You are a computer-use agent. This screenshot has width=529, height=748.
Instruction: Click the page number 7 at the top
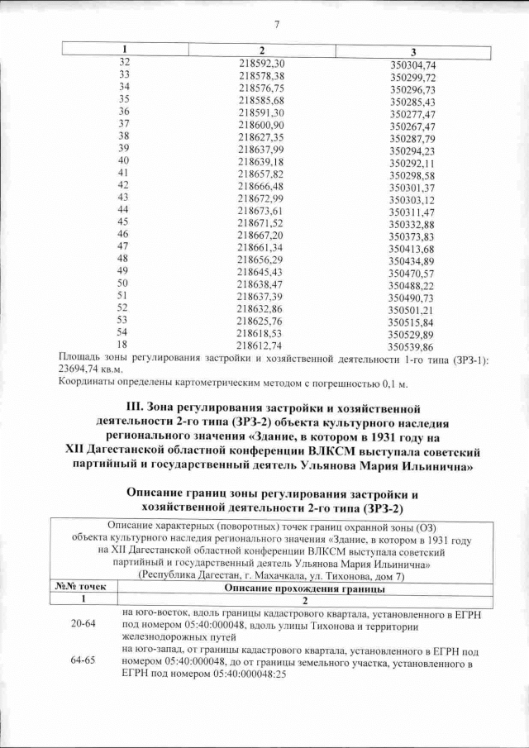[276, 24]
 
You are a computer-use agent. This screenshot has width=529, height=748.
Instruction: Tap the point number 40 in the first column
[124, 160]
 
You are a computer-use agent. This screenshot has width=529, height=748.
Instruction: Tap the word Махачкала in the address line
[284, 573]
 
